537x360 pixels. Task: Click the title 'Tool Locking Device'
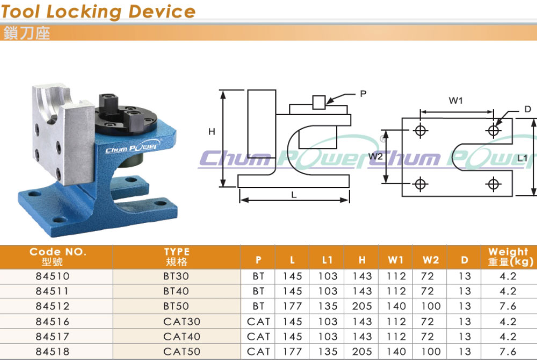(98, 11)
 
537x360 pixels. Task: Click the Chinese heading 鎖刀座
(27, 33)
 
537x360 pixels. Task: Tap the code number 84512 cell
(53, 306)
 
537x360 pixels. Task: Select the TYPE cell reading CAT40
(182, 336)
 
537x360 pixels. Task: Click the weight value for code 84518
(507, 351)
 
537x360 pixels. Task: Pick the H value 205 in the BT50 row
(361, 306)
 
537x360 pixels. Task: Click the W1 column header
(396, 260)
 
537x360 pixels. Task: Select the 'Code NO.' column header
(57, 252)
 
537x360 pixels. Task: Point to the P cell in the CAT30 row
(258, 322)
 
